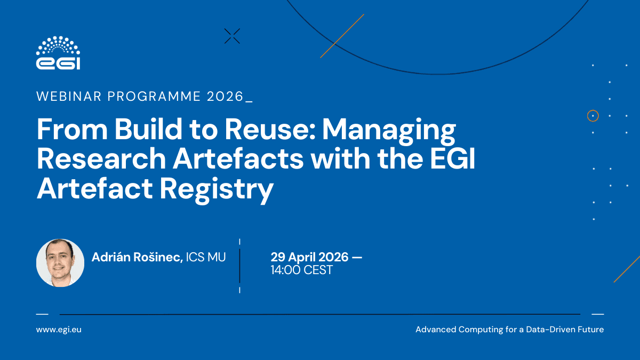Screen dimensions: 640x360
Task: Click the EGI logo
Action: coord(58,53)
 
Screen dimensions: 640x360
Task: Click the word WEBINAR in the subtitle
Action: coord(69,97)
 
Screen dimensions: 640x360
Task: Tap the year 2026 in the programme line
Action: coord(225,97)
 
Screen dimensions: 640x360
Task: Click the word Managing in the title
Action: coord(389,131)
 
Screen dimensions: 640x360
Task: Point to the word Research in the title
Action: coord(101,158)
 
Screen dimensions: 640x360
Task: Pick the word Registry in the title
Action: coord(217,190)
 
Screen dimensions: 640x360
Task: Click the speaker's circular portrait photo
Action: coord(60,263)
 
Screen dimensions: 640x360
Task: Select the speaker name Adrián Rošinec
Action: coord(137,257)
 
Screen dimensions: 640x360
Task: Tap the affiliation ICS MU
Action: coord(206,257)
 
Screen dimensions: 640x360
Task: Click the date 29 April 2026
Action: coord(309,257)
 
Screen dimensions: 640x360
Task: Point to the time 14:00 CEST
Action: coord(302,270)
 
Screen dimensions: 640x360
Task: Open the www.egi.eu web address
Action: coord(59,330)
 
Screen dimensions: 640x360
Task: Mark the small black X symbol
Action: coord(232,36)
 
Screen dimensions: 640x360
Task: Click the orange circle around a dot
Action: coord(593,116)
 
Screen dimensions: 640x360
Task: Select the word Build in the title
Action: coord(148,129)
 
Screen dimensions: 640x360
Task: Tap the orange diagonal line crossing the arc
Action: coord(342,36)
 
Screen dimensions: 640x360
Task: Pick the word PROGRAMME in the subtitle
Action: coord(154,97)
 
